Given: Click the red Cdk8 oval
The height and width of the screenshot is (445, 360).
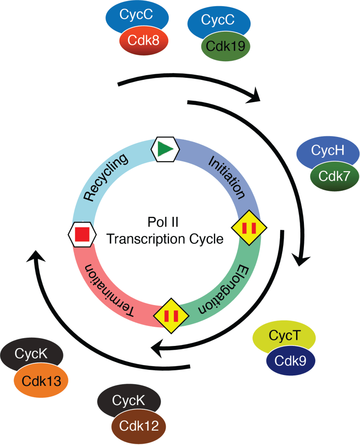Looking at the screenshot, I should (143, 41).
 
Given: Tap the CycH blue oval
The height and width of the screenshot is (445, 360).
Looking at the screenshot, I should (328, 151).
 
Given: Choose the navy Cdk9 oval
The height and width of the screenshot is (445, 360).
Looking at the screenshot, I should (290, 361).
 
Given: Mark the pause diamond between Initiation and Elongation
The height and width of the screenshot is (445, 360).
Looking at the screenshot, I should (248, 228).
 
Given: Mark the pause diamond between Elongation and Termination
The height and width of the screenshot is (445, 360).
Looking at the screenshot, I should (171, 316).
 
